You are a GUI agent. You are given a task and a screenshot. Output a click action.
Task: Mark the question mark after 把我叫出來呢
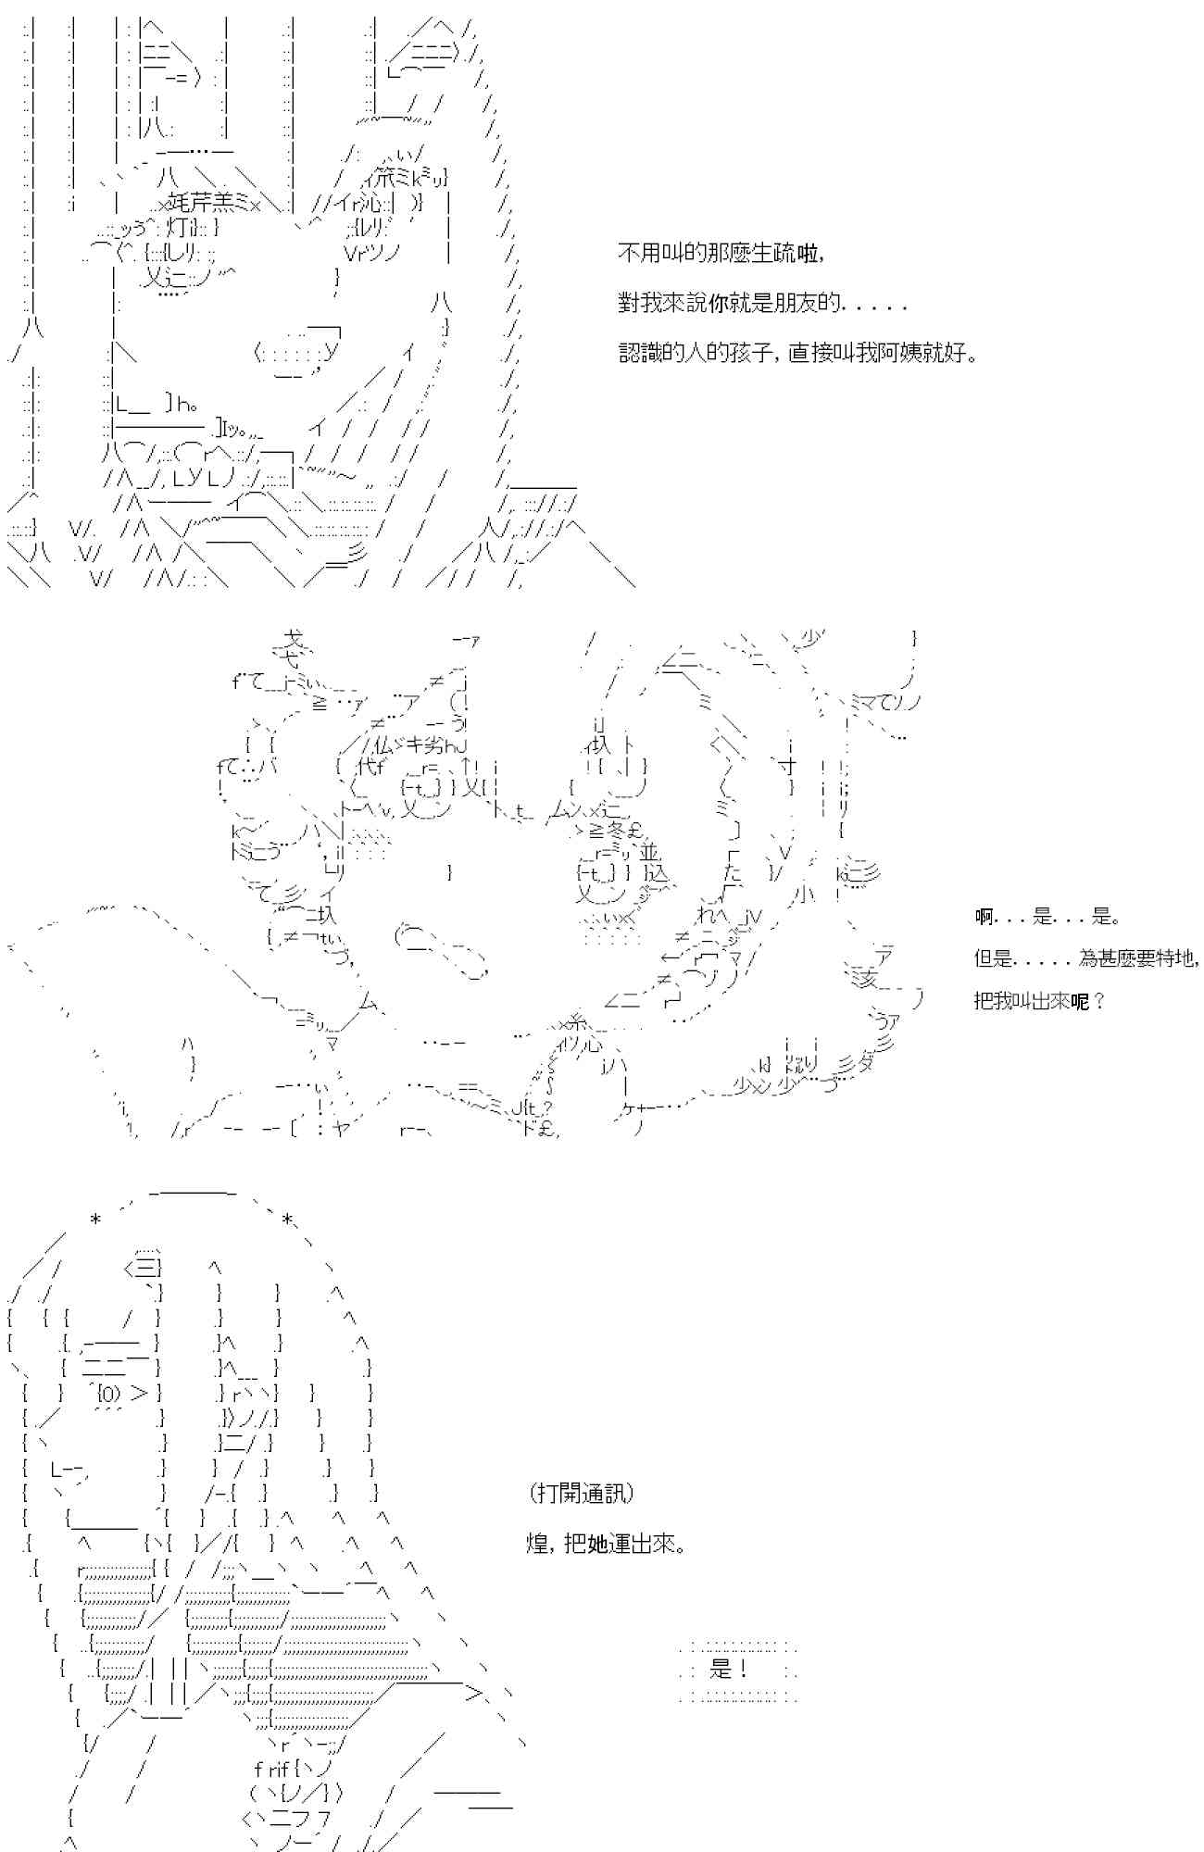[1098, 1001]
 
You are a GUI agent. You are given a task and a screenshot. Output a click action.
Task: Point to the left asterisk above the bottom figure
[95, 1220]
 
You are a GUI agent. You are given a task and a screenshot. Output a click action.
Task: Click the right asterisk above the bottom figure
[288, 1220]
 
